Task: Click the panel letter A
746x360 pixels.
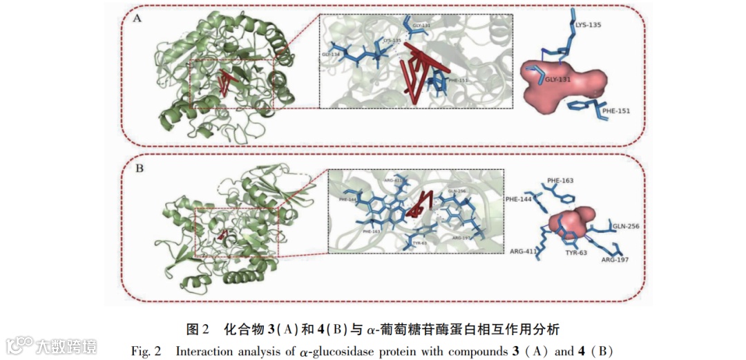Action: (137, 19)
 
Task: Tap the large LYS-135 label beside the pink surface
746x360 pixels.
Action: (588, 26)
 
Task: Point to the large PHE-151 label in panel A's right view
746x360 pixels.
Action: (616, 110)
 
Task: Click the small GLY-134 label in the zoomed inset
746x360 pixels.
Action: (332, 53)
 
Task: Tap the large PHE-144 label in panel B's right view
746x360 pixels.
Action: (519, 199)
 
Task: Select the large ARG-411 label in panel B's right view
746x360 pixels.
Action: (524, 251)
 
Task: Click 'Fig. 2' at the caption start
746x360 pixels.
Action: (146, 350)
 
